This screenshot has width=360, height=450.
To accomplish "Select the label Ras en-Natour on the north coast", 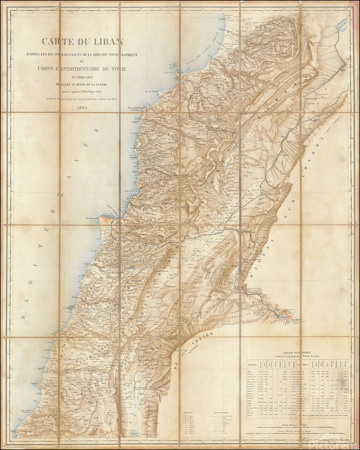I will [151, 91].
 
